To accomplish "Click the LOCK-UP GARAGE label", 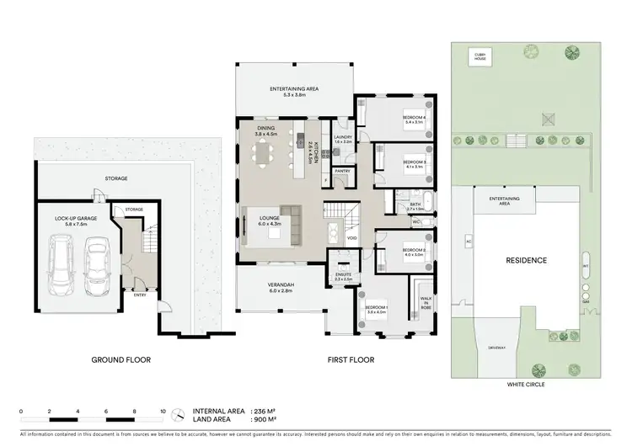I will (x=77, y=220).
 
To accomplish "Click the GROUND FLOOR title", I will (x=121, y=360).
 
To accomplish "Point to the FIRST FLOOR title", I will (x=351, y=360).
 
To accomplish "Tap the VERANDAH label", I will (x=279, y=286).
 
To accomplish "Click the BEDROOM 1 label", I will (x=376, y=308).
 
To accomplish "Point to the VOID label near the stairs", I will (x=351, y=237).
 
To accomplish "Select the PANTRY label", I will (x=342, y=171).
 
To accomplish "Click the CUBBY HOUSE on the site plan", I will (x=480, y=56).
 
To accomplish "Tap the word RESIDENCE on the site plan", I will (x=527, y=261).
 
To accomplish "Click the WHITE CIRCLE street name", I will (x=527, y=385).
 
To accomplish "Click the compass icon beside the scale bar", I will (x=179, y=415).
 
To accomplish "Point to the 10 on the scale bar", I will (x=163, y=412).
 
